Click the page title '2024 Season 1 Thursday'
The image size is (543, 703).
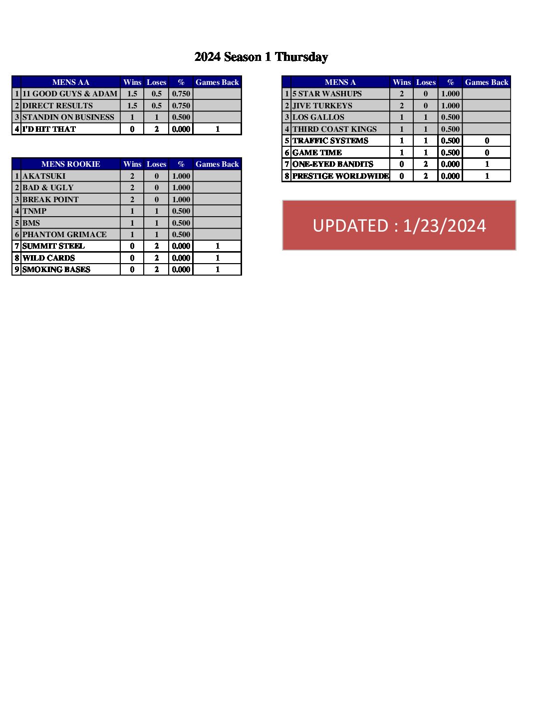click(x=261, y=57)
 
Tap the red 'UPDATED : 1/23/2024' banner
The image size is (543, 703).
click(x=399, y=225)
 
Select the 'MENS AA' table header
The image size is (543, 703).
click(x=70, y=82)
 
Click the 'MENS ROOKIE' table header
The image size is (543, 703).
click(x=70, y=164)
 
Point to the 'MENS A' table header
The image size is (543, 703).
click(x=340, y=82)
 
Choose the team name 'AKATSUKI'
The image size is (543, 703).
click(x=44, y=176)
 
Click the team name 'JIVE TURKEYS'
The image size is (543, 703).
click(x=322, y=106)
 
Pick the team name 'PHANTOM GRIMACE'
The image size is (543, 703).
click(x=64, y=235)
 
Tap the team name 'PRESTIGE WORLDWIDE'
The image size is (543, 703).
click(x=340, y=176)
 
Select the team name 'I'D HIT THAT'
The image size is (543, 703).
click(x=49, y=129)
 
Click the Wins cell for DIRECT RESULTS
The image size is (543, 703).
click(x=132, y=106)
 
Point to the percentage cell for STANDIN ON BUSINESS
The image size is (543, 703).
click(x=181, y=117)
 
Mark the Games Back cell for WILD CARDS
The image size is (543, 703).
click(x=217, y=258)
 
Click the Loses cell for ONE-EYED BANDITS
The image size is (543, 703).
click(x=426, y=164)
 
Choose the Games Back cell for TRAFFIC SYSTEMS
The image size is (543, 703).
click(x=487, y=141)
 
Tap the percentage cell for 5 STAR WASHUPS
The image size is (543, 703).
click(x=450, y=94)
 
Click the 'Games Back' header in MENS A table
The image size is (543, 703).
click(x=487, y=82)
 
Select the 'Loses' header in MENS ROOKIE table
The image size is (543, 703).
click(x=156, y=164)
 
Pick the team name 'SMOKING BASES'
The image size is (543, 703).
click(x=56, y=270)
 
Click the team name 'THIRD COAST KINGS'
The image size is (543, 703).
click(x=334, y=129)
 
